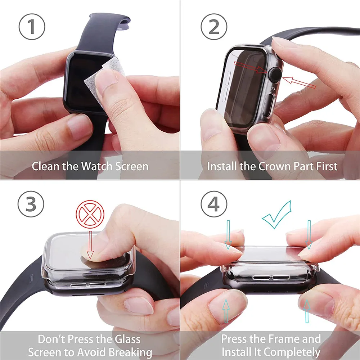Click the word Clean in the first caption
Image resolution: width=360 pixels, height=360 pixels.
46,166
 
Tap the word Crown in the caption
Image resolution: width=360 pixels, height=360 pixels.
273,166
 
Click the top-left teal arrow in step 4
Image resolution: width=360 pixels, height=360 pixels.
228,234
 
